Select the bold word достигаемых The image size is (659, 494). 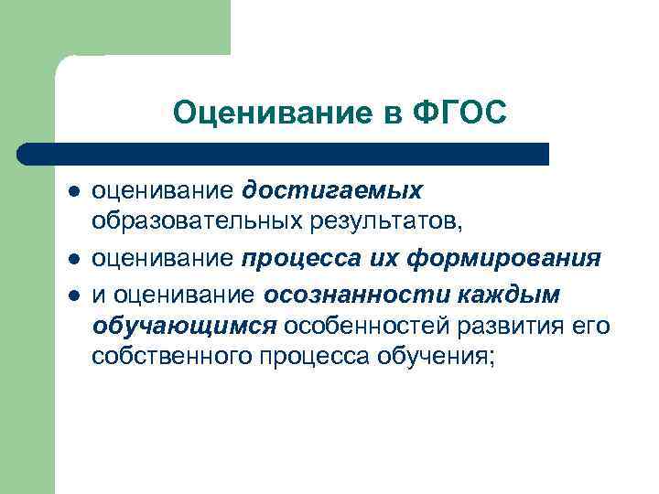(x=333, y=190)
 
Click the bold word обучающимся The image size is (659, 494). (x=184, y=328)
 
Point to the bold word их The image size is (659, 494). (x=376, y=259)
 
